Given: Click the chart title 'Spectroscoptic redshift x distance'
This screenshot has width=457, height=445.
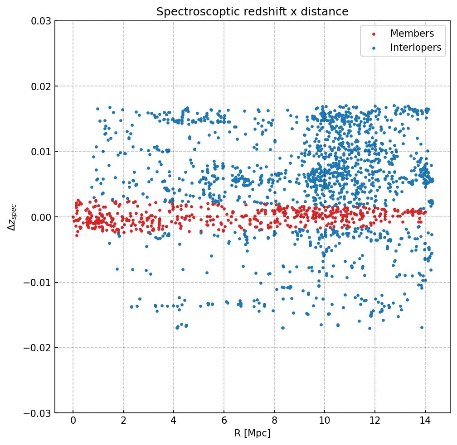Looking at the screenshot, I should (x=252, y=12).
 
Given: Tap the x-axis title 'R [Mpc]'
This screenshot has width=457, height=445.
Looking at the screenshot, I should (x=252, y=433).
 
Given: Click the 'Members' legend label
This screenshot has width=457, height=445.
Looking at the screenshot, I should (x=412, y=33).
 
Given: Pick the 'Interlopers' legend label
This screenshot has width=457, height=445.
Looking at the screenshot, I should (x=415, y=48).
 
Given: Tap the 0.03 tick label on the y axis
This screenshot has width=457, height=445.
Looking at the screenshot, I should (x=40, y=21).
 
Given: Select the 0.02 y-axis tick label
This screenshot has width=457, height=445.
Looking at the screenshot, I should (x=40, y=86).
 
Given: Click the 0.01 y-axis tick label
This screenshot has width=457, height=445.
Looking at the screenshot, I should (x=40, y=152).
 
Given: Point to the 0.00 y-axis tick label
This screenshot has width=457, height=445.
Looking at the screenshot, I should (x=40, y=217).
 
